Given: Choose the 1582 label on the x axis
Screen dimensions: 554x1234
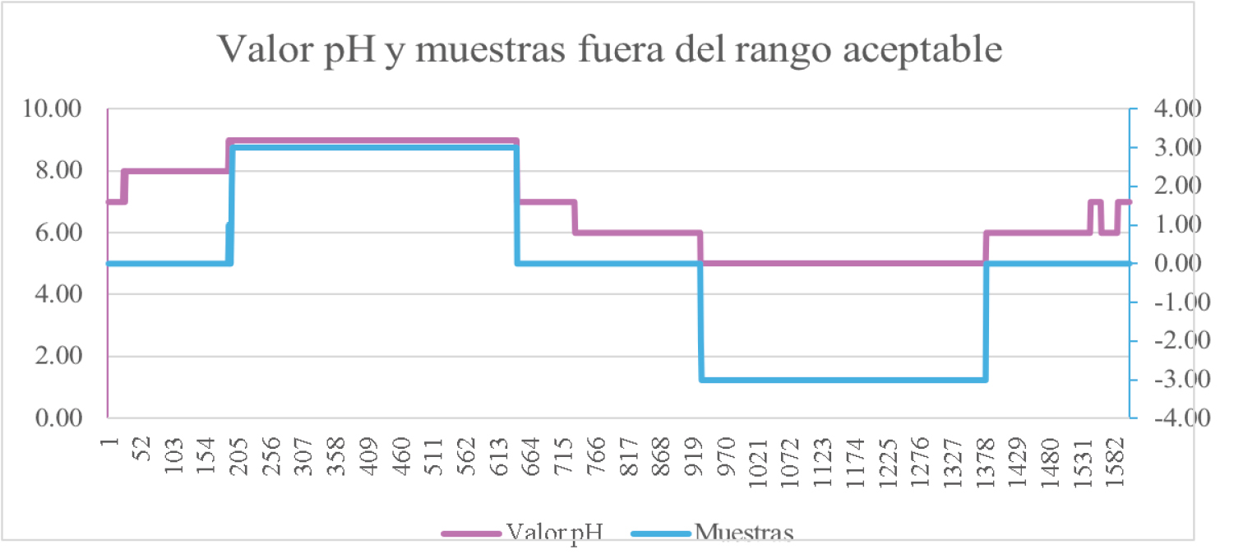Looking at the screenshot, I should point(1119,452).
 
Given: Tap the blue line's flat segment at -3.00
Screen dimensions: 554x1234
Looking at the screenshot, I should point(843,380).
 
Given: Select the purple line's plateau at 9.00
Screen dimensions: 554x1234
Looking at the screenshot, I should point(370,141).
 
